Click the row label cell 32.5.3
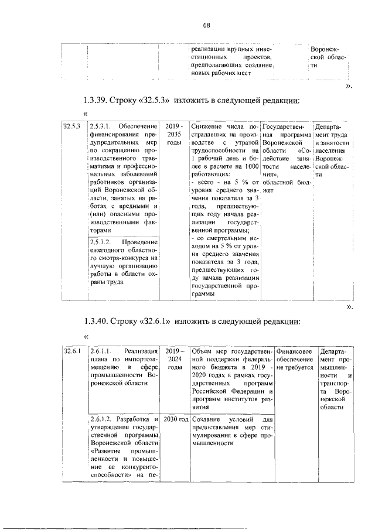point(73,126)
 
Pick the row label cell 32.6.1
point(73,351)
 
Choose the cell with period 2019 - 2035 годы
point(173,134)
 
